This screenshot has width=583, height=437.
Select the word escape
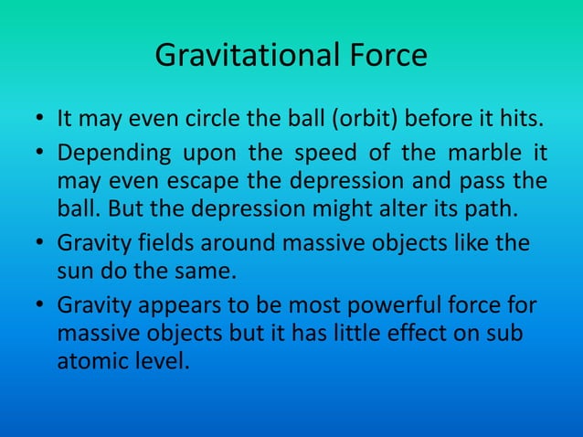point(179,182)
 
